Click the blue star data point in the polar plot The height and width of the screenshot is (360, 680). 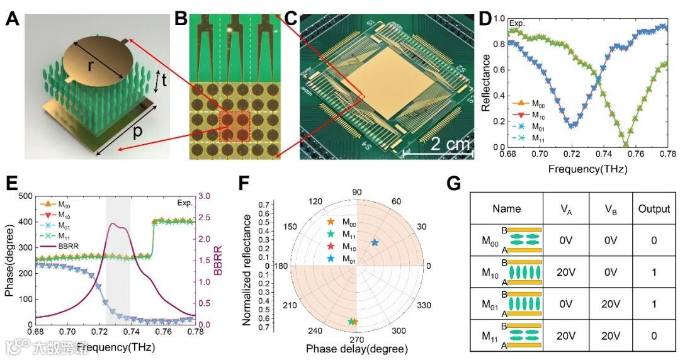point(375,242)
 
